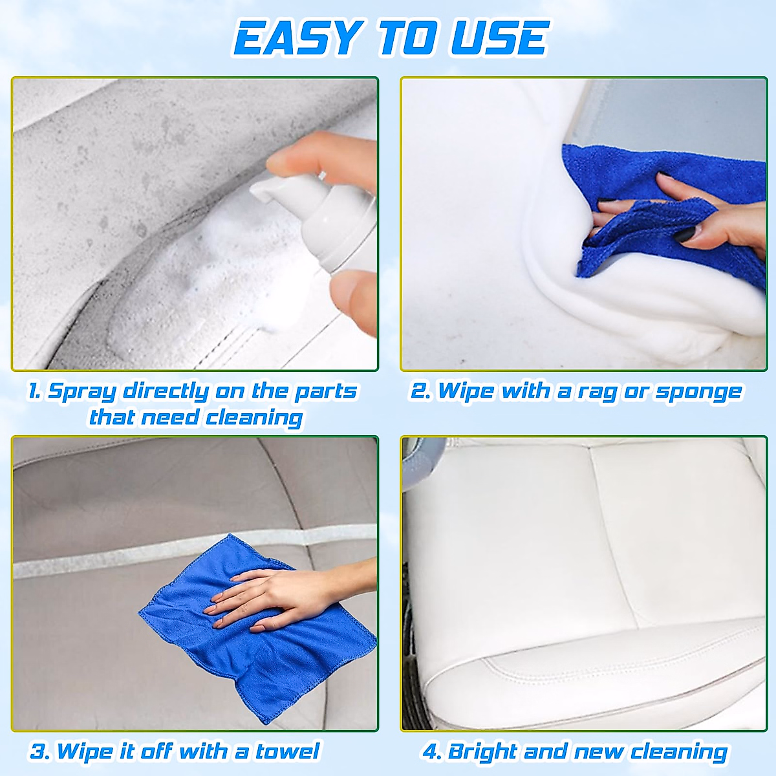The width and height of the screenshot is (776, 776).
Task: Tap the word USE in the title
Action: point(499,38)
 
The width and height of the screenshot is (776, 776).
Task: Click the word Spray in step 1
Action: point(82,392)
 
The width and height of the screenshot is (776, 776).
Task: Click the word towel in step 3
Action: point(287,751)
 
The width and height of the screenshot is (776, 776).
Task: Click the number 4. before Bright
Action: point(432,752)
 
